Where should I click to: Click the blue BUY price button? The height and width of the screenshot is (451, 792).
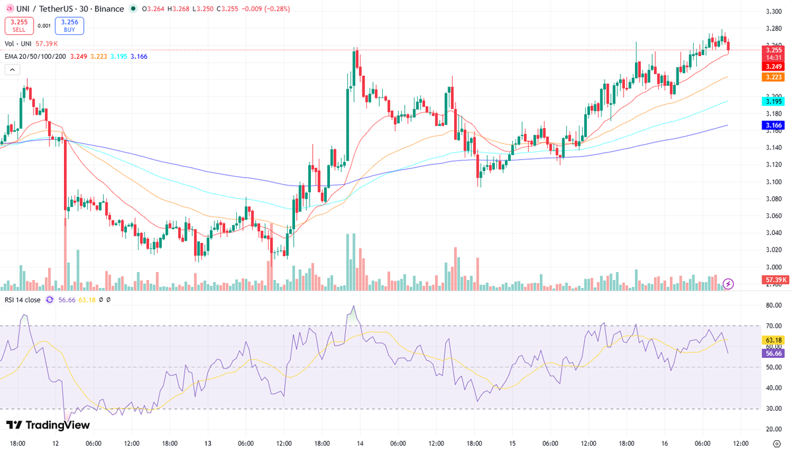pyautogui.click(x=69, y=25)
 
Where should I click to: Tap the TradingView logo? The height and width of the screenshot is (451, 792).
pyautogui.click(x=48, y=425)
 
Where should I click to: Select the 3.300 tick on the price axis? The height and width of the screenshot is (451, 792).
pyautogui.click(x=774, y=12)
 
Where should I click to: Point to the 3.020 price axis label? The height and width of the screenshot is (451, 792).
pyautogui.click(x=774, y=250)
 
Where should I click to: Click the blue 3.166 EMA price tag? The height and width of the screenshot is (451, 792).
pyautogui.click(x=773, y=125)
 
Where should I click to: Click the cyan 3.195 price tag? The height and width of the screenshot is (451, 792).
pyautogui.click(x=773, y=101)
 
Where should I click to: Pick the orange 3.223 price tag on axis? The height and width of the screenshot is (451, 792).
pyautogui.click(x=773, y=77)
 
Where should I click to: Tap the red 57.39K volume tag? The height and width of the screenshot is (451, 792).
pyautogui.click(x=773, y=280)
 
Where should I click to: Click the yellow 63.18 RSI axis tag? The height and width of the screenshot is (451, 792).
pyautogui.click(x=773, y=340)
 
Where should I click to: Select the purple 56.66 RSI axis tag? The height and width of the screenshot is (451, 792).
pyautogui.click(x=773, y=353)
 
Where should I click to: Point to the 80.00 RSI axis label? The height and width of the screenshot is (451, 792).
pyautogui.click(x=774, y=305)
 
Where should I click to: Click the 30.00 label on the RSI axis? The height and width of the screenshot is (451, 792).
pyautogui.click(x=774, y=409)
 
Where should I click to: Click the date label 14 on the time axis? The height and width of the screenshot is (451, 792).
pyautogui.click(x=359, y=444)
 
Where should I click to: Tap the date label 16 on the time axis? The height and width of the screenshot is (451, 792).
pyautogui.click(x=665, y=444)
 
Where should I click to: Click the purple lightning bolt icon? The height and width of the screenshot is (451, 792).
pyautogui.click(x=729, y=284)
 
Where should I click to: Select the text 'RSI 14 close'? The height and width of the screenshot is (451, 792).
pyautogui.click(x=22, y=300)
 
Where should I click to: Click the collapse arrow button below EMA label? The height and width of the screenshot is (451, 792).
pyautogui.click(x=11, y=70)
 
